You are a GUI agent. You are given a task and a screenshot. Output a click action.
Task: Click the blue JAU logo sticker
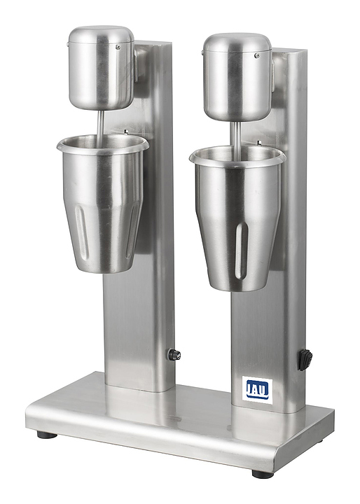click(x=257, y=390)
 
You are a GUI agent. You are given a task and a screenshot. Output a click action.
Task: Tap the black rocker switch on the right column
click(x=305, y=360)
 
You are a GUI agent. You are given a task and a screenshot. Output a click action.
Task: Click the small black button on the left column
click(x=174, y=354)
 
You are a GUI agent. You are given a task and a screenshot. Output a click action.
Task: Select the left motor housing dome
click(x=101, y=67)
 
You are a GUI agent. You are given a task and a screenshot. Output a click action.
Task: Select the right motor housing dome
click(x=237, y=77)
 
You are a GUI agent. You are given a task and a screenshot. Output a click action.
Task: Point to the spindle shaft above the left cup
click(x=101, y=125)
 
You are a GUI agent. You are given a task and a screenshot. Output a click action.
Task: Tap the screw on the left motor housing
click(x=118, y=47)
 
